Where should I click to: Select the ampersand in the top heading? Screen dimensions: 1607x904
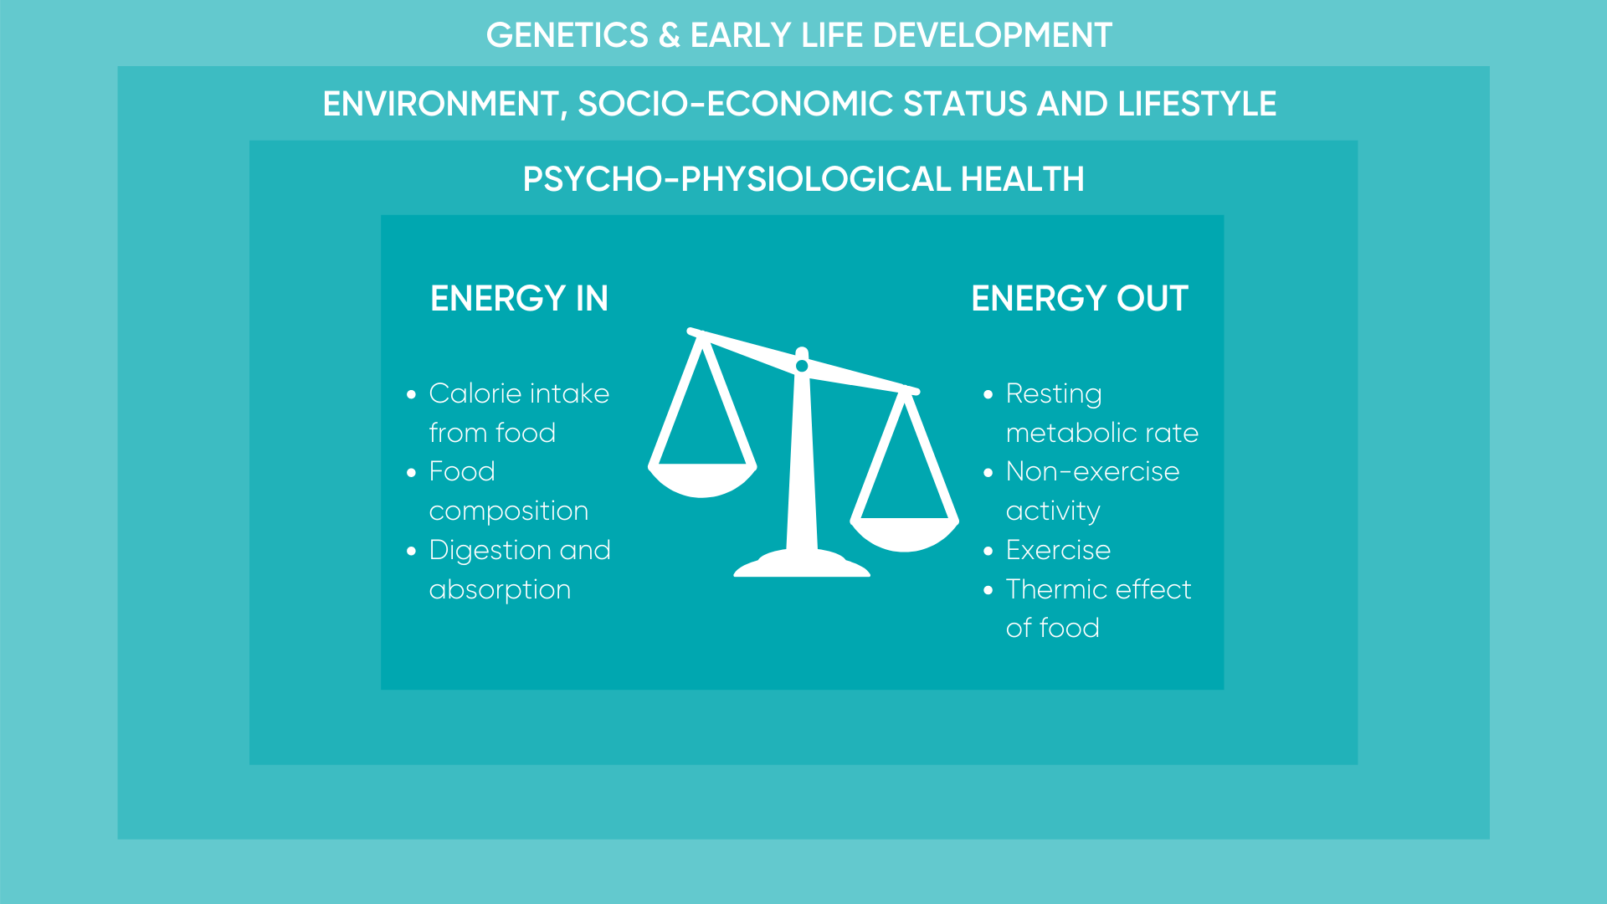pos(670,35)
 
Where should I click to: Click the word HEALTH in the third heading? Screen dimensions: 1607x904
pos(1022,179)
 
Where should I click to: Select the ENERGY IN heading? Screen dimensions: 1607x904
pos(519,299)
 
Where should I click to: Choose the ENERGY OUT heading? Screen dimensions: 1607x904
pos(1080,299)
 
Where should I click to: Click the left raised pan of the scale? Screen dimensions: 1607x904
pos(703,481)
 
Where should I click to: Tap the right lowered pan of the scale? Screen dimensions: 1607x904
pos(905,535)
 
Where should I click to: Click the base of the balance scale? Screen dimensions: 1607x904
pos(802,564)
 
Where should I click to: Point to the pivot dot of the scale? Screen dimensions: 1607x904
pos(802,366)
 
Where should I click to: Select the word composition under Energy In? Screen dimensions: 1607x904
pos(509,511)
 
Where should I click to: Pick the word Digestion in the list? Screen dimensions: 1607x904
pos(490,551)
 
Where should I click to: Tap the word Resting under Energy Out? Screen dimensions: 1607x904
pos(1054,394)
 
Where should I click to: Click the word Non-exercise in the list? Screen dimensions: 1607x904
pos(1092,472)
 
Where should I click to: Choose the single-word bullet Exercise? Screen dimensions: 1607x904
pos(1058,550)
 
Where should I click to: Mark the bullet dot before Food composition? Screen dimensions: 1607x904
pos(411,473)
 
